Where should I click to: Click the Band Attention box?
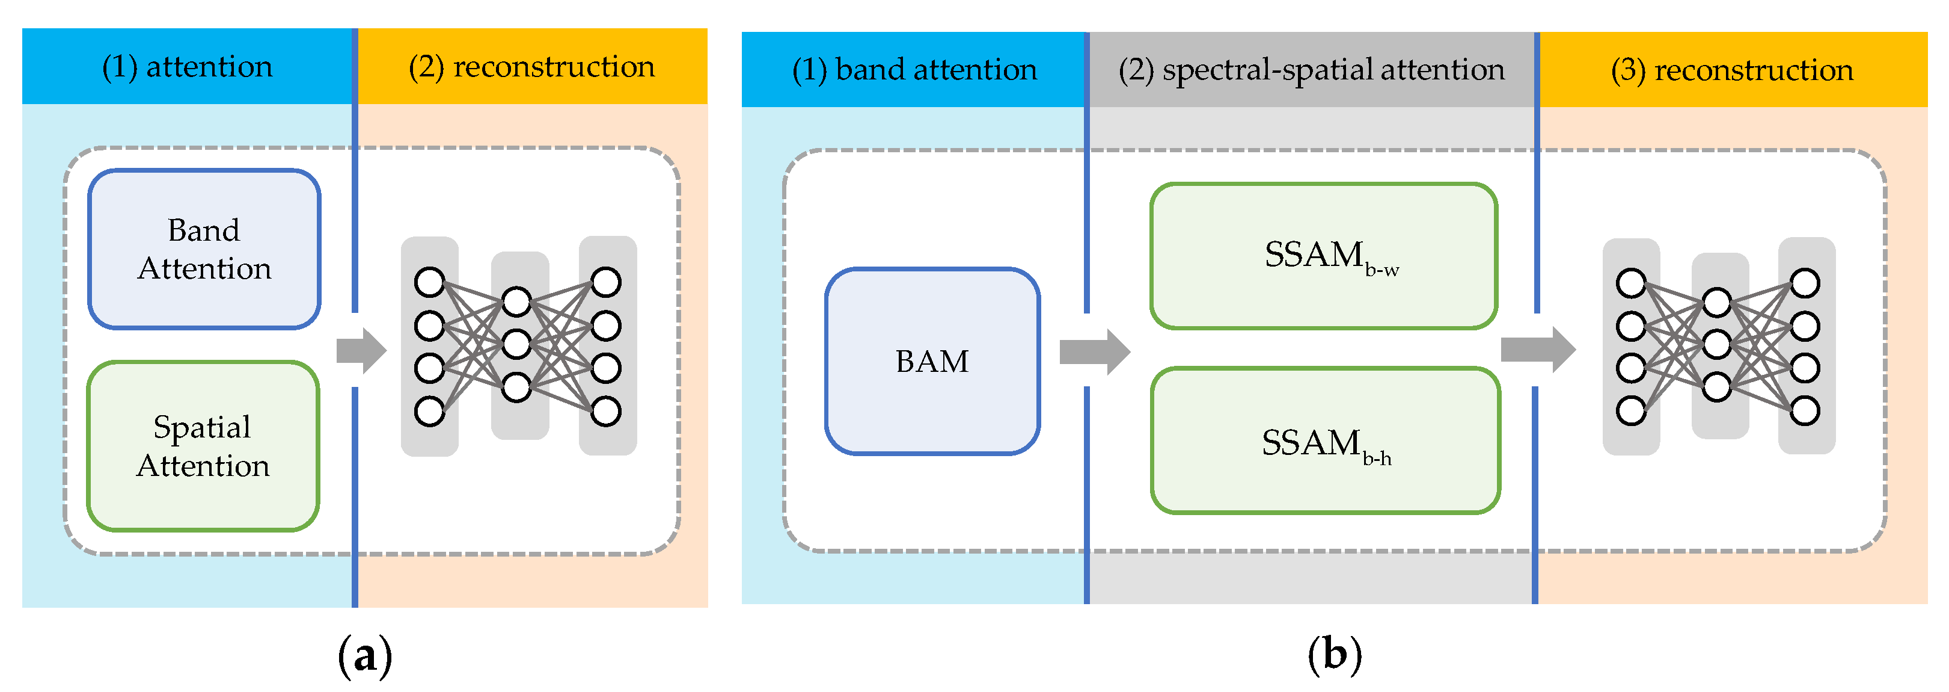click(x=204, y=249)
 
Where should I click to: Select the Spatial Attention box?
click(x=203, y=446)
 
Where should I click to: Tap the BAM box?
click(x=932, y=361)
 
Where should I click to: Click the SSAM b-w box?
click(x=1323, y=256)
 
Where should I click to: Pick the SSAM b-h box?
click(x=1325, y=440)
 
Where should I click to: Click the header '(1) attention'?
click(x=188, y=67)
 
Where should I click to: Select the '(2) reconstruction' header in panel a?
click(x=532, y=67)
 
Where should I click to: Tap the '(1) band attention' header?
click(x=914, y=70)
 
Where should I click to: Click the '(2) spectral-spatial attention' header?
click(x=1311, y=70)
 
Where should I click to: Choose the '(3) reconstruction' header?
click(x=1732, y=70)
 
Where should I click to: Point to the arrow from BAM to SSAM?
click(x=1094, y=351)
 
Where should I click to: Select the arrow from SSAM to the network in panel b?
click(x=1537, y=350)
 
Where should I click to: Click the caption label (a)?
click(x=365, y=655)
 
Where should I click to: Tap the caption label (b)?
click(x=1335, y=655)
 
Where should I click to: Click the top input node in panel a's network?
click(x=430, y=282)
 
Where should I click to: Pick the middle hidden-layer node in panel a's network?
click(x=516, y=344)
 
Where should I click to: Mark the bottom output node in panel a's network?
click(x=606, y=412)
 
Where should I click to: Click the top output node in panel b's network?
click(x=1805, y=283)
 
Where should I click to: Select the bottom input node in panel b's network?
click(x=1630, y=411)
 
